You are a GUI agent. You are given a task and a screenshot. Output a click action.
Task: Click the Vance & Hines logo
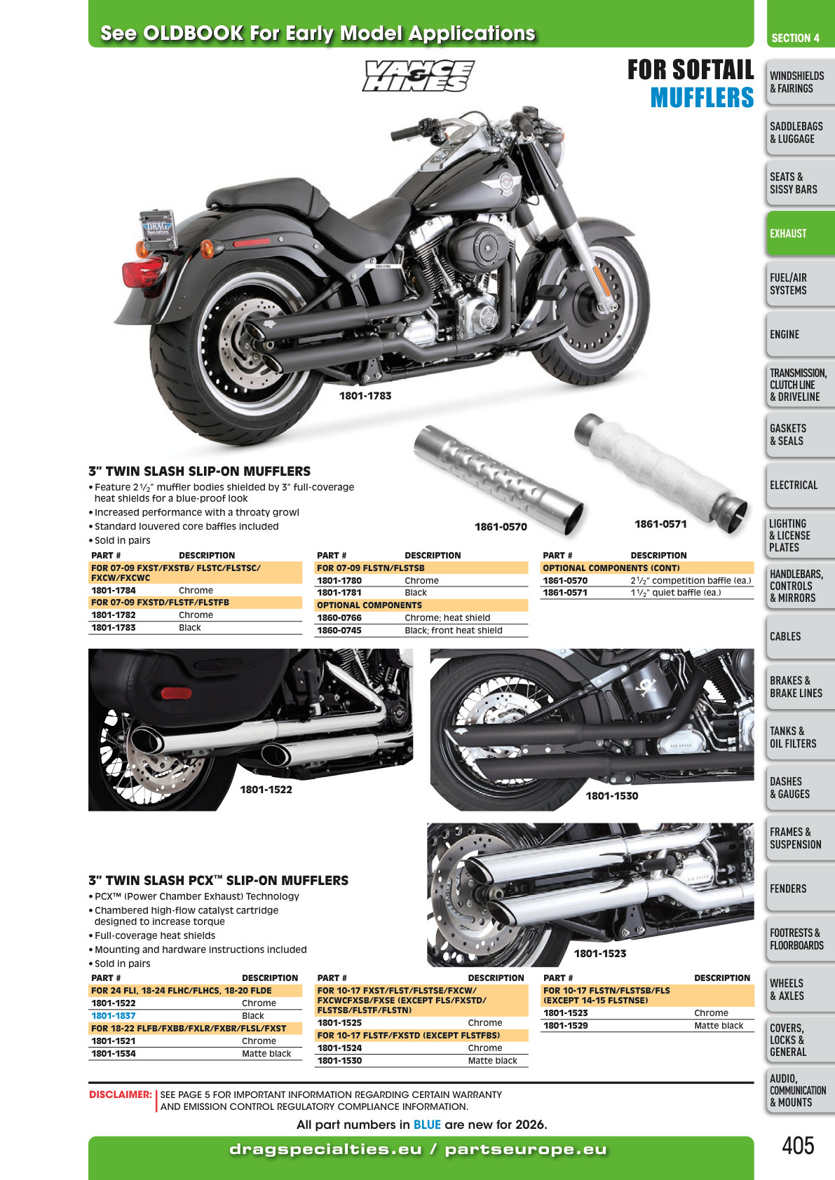(418, 76)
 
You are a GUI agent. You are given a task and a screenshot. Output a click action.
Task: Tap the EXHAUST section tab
(800, 233)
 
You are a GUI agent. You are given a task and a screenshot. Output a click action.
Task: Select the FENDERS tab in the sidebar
(800, 889)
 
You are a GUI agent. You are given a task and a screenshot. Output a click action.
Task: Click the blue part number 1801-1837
(114, 1015)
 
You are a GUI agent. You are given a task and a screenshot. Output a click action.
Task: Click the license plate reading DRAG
(157, 229)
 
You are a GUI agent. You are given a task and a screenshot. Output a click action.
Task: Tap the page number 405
(798, 1146)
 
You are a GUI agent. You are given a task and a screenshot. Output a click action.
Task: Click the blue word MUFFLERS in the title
(702, 97)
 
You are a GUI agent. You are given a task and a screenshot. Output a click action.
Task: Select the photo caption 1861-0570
(501, 527)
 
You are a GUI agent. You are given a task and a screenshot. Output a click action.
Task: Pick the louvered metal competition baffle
(498, 479)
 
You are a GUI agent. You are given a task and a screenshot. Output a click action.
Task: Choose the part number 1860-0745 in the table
(339, 631)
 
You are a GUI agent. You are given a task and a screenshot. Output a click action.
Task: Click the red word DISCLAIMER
(120, 1095)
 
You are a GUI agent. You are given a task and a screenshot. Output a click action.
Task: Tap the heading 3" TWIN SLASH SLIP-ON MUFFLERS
(200, 471)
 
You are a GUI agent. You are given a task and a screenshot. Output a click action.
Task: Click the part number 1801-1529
(566, 1026)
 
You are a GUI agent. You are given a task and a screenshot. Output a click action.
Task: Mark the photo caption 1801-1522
(266, 790)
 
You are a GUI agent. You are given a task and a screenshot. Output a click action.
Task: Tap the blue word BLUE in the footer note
(427, 1125)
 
